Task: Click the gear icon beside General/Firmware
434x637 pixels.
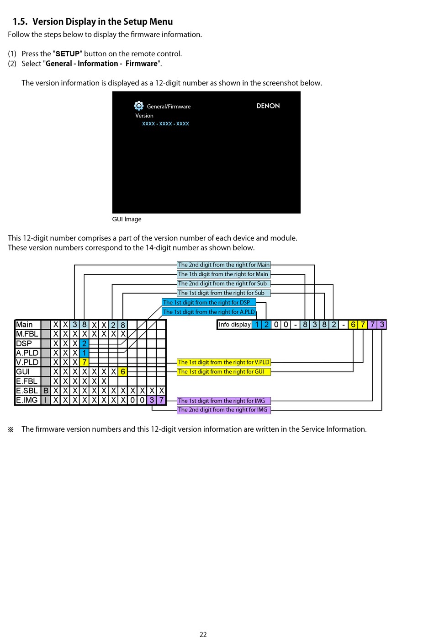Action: (x=138, y=106)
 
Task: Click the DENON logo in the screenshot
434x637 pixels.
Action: (x=268, y=106)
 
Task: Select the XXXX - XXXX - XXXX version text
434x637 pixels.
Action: (x=165, y=124)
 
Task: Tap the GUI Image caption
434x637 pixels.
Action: (x=127, y=219)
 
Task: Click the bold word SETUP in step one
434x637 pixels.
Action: (x=68, y=54)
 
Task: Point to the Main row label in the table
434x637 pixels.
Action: (x=24, y=325)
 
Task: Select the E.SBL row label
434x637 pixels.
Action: (x=26, y=391)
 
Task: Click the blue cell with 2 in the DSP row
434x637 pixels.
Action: (x=84, y=343)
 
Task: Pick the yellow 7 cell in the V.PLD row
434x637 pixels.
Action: (x=84, y=362)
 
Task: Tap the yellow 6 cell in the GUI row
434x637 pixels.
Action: (x=123, y=372)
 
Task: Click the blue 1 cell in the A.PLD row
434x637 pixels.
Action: (x=84, y=353)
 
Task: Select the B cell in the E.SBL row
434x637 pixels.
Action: (x=46, y=391)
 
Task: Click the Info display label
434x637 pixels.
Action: (x=235, y=325)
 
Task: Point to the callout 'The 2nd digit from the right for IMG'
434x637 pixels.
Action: (x=223, y=410)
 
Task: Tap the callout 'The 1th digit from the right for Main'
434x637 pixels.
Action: (x=223, y=274)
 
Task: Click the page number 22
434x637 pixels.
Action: (x=203, y=634)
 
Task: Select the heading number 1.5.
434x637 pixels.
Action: (x=20, y=21)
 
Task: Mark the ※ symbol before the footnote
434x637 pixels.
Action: (x=11, y=429)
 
